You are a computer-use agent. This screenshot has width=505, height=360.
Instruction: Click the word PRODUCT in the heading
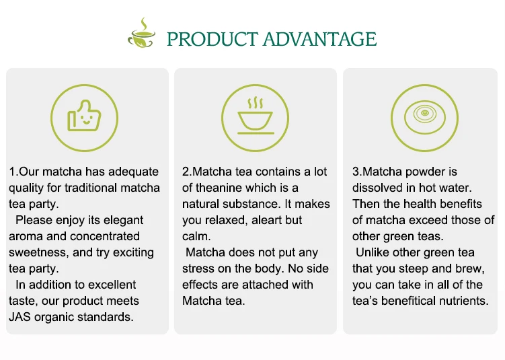point(212,39)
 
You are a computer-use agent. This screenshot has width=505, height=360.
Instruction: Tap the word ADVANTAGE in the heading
point(320,39)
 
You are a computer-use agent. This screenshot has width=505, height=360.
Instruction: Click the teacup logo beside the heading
point(142,33)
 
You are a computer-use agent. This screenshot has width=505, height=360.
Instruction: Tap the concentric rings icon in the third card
point(424,118)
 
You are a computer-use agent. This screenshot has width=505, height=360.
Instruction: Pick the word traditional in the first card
point(91,188)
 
